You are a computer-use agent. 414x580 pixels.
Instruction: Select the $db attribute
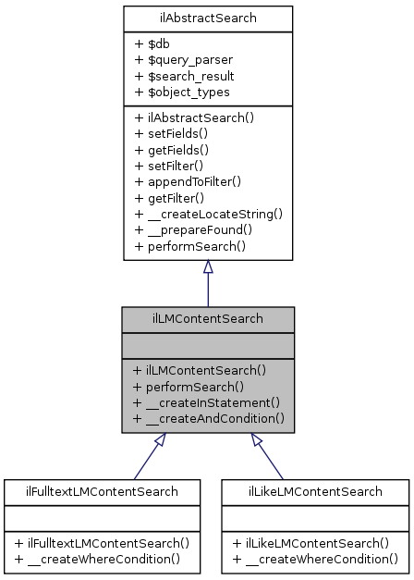tap(155, 43)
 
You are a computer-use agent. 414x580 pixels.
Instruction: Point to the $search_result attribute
tap(184, 75)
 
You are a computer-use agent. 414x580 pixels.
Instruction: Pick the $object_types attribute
tap(182, 92)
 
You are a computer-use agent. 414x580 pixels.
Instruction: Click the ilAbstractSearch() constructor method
tap(193, 118)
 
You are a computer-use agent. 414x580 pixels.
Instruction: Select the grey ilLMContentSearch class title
tap(208, 319)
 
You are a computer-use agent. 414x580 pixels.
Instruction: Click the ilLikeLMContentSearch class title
tap(314, 490)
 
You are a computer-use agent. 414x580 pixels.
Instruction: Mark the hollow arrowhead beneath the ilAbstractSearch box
tap(208, 266)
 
